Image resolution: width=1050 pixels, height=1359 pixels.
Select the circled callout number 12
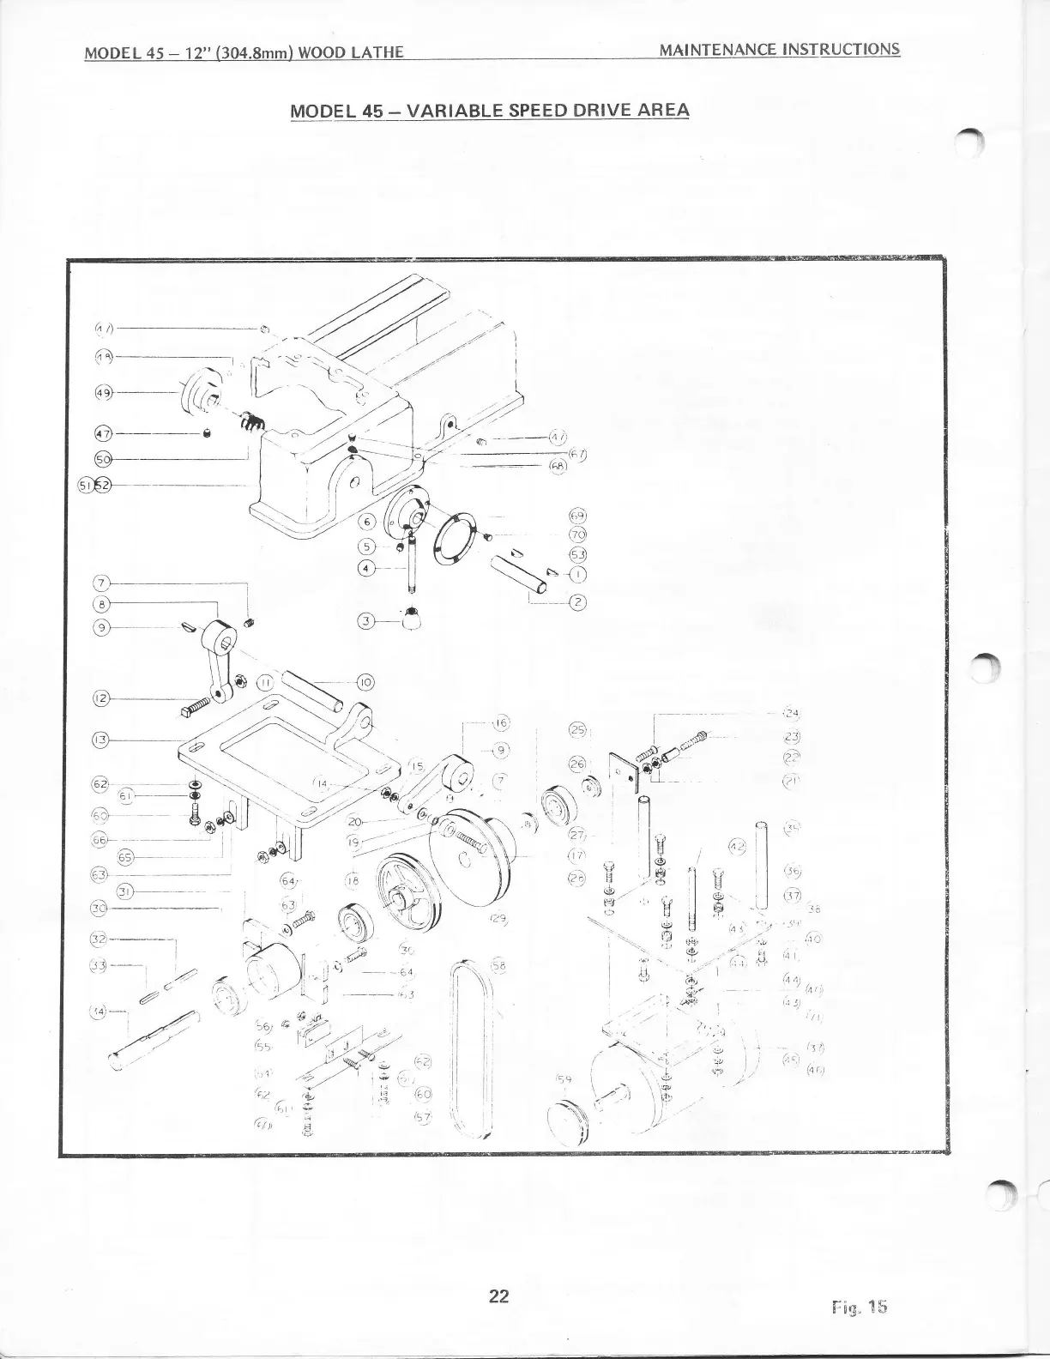[x=100, y=698]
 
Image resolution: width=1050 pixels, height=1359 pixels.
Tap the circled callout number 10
[x=365, y=683]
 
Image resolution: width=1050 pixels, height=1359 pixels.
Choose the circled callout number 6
[x=367, y=521]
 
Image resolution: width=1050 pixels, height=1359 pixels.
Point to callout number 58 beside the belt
[x=498, y=966]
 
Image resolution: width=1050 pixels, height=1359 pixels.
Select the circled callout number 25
[x=577, y=731]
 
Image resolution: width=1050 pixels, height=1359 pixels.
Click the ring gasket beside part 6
[x=452, y=536]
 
